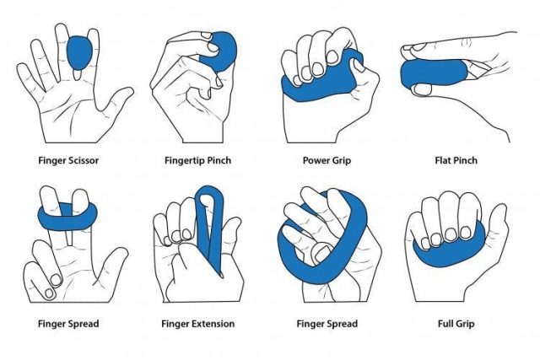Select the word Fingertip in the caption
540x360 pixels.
(186, 159)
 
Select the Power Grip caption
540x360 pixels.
(327, 159)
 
